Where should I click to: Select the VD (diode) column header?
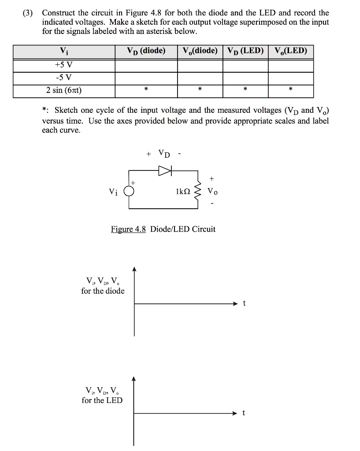point(146,52)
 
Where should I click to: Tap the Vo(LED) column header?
point(290,52)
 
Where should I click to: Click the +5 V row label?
point(64,66)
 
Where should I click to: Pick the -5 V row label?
point(64,78)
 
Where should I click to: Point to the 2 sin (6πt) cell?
point(64,91)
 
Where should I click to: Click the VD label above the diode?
point(163,154)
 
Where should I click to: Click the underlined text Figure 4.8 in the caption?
point(128,229)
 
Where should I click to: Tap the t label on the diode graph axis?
point(245,303)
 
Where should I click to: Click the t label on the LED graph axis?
point(245,413)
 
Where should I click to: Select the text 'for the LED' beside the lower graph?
point(102,400)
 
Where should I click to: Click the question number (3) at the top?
point(29,13)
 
